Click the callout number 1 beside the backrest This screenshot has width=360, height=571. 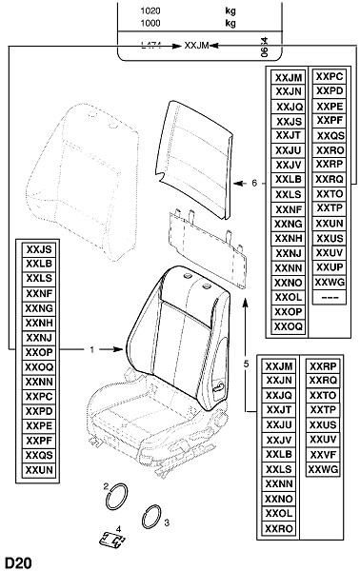[x=91, y=349]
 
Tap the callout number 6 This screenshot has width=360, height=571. [x=254, y=183]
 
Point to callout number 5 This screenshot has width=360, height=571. [x=247, y=364]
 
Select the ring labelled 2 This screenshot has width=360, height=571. [x=116, y=496]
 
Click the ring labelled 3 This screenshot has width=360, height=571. [x=152, y=517]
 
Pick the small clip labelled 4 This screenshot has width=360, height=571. [x=111, y=540]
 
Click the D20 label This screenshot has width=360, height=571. [x=18, y=562]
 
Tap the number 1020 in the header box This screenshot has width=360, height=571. [x=150, y=10]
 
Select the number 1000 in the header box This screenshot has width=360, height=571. [x=150, y=23]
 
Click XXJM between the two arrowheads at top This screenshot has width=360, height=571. [x=196, y=46]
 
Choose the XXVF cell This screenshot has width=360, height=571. [x=323, y=455]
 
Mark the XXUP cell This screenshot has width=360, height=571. [x=330, y=267]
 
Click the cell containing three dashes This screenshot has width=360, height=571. [x=330, y=297]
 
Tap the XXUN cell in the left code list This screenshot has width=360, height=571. [x=39, y=470]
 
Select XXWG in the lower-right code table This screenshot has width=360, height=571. [x=323, y=469]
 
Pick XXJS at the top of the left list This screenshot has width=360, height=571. [x=39, y=249]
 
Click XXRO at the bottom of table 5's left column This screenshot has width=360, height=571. [x=279, y=528]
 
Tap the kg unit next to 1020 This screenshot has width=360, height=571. [x=230, y=11]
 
